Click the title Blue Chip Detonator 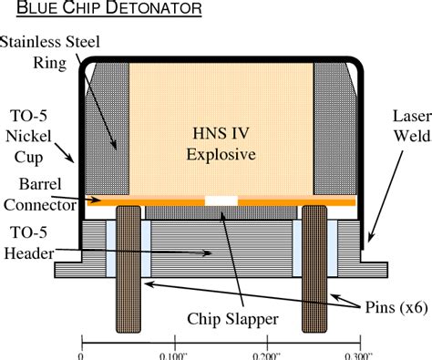pos(109,8)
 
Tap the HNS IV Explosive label pos(221,144)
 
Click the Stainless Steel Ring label pos(50,52)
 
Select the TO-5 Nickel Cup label pos(28,137)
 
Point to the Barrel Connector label pos(40,194)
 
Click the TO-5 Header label pos(29,243)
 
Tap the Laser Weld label pos(412,126)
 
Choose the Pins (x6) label pos(396,307)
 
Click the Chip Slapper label pos(232,319)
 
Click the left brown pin pos(129,269)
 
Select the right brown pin pos(314,269)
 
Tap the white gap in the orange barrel pos(221,201)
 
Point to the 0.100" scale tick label pos(173,355)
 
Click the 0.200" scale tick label pos(266,355)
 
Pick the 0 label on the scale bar pos(81,355)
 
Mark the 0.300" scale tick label pos(359,355)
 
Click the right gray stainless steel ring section pos(334,129)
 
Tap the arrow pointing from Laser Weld pos(386,197)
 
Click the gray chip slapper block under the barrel pos(221,212)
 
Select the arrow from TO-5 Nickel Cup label pos(64,153)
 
